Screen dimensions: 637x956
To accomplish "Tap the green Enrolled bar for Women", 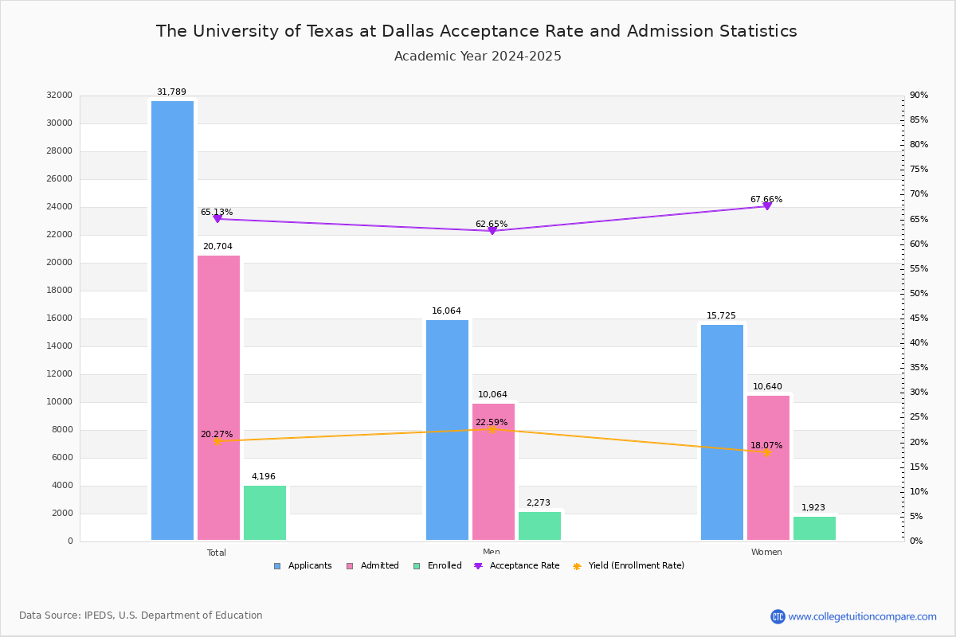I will (814, 528).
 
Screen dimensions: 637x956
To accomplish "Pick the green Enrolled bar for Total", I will (264, 513).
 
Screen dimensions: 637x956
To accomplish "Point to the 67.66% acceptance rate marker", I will (766, 206).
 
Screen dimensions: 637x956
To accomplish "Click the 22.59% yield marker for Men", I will (492, 429).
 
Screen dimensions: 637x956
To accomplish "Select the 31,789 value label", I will (171, 92).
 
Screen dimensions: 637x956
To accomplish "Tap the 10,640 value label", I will (767, 387).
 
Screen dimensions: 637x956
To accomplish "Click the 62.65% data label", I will (492, 225).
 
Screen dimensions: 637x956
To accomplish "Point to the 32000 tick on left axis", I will (60, 96).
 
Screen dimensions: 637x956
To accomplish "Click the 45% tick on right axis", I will (919, 318).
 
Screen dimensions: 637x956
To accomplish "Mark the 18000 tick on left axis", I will (60, 291).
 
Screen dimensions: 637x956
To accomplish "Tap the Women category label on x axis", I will (766, 553).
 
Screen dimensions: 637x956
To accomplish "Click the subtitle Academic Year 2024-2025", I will (478, 57).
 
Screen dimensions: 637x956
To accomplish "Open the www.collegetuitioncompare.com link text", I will (862, 616).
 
